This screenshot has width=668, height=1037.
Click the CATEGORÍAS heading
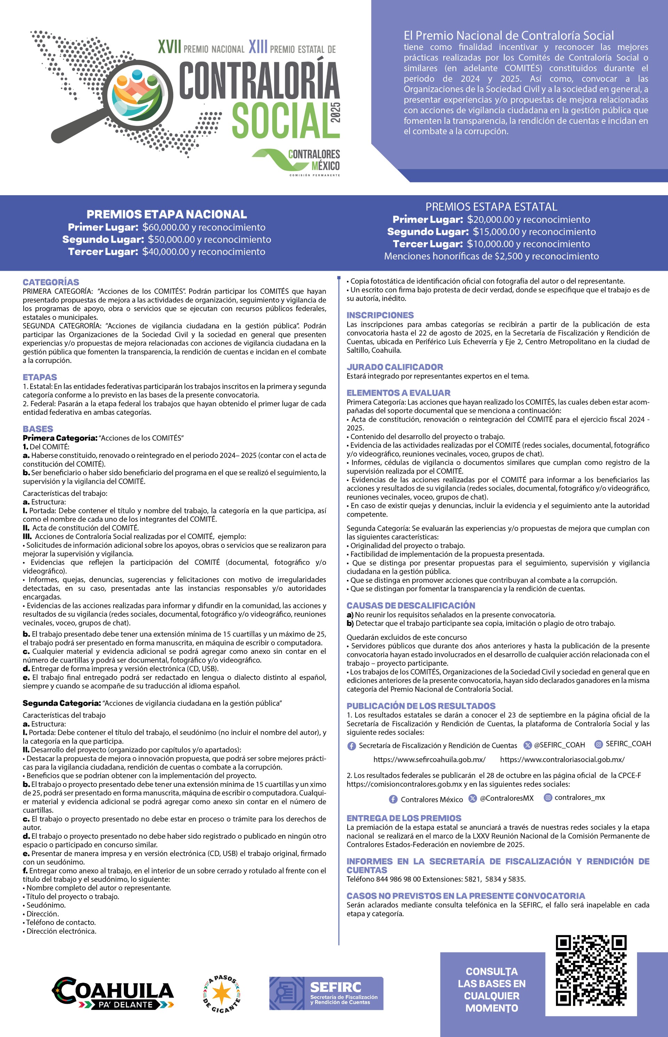coord(51,282)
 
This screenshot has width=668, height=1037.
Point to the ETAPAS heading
coord(40,377)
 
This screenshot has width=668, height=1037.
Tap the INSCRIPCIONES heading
coord(380,315)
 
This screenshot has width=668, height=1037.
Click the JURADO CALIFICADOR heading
coord(395,367)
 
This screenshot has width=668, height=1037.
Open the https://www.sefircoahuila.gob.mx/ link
coord(429,759)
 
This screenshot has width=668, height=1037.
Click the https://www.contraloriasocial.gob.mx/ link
coord(562,759)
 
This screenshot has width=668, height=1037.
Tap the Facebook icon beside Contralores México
coord(393,799)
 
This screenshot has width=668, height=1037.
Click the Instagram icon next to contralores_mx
coord(548,798)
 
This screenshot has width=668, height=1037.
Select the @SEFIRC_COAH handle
coord(559,745)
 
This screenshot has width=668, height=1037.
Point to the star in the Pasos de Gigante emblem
coord(222,994)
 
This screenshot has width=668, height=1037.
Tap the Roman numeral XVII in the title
coord(169,47)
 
